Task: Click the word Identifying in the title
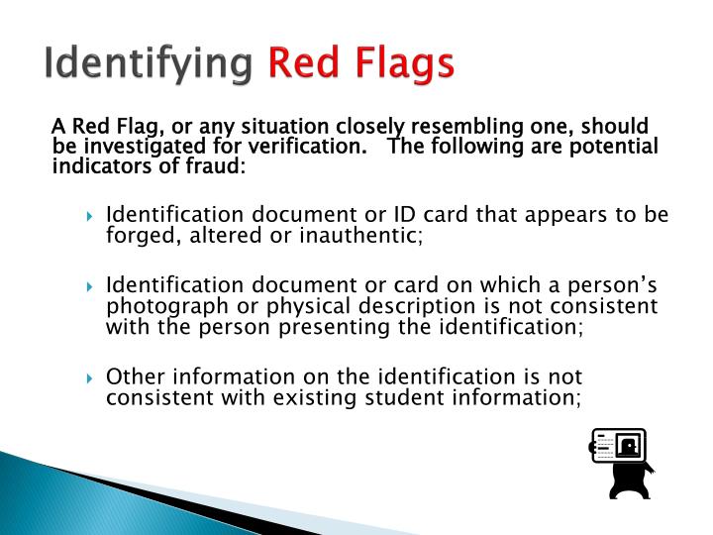coord(151,64)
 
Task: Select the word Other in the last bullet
coord(132,376)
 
